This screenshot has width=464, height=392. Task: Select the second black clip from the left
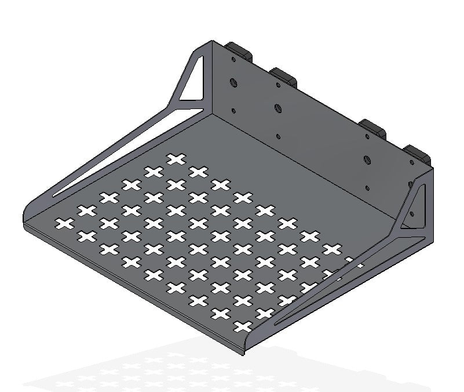(x=284, y=75)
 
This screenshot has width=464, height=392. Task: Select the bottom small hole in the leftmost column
(x=233, y=111)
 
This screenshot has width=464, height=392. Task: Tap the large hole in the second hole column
(x=278, y=108)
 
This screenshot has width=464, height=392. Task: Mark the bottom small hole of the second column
(x=279, y=136)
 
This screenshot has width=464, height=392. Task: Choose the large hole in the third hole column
(x=367, y=159)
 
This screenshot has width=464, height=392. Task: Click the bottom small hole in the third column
(x=367, y=187)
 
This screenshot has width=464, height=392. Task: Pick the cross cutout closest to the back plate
(x=176, y=158)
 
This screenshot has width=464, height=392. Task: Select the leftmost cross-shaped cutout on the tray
(x=65, y=223)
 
